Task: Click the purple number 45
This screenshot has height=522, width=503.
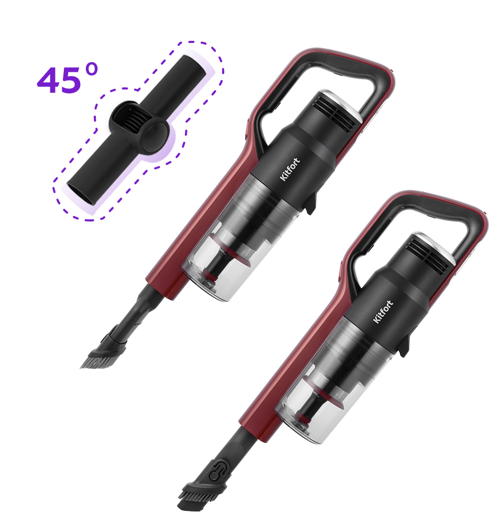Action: click(x=59, y=80)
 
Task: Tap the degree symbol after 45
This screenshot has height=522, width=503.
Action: click(x=91, y=70)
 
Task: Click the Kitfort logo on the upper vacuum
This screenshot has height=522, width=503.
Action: click(x=290, y=169)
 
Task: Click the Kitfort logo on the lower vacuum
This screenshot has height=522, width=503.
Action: click(x=383, y=312)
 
